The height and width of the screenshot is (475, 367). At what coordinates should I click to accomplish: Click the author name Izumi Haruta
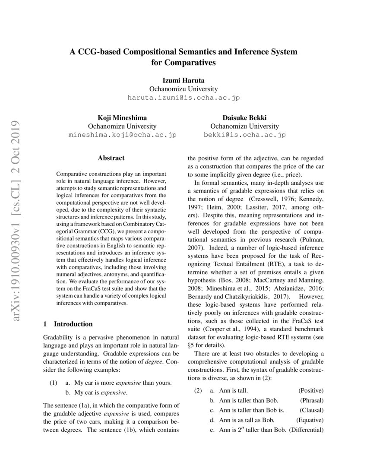(183, 80)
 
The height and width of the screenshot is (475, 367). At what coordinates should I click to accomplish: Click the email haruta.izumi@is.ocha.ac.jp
(183, 98)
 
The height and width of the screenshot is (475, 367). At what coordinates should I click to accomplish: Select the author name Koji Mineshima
(123, 117)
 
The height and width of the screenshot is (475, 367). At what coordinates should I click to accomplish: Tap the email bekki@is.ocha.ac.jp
(244, 135)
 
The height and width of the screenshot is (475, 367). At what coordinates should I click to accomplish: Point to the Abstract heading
(111, 158)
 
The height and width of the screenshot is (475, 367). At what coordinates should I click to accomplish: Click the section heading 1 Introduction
(68, 324)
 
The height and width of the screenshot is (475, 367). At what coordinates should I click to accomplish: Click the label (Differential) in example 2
(306, 430)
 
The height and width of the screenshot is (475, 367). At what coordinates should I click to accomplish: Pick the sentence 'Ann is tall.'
(233, 390)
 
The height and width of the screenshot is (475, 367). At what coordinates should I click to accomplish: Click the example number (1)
(53, 383)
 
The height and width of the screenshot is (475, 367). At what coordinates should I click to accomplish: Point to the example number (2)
(197, 390)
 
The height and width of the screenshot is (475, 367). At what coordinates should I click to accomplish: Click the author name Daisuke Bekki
(244, 117)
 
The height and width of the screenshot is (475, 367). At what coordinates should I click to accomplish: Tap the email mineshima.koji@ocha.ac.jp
(123, 135)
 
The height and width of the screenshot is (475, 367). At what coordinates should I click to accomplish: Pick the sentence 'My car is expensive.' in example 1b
(101, 393)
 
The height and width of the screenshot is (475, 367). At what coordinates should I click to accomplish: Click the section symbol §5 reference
(193, 345)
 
